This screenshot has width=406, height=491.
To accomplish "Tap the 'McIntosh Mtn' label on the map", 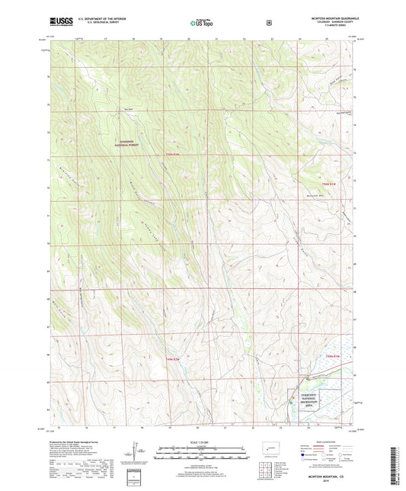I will point(325,194).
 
